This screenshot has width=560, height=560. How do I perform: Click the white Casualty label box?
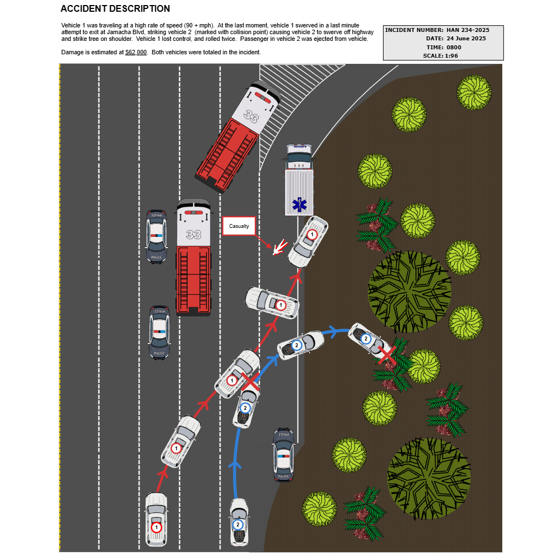tap(239, 226)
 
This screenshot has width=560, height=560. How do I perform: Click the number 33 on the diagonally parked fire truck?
tap(251, 116)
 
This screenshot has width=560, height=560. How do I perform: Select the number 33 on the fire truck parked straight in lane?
tap(193, 234)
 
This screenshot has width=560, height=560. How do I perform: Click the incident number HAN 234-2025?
tap(468, 30)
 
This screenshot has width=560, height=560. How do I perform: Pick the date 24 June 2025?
tap(466, 39)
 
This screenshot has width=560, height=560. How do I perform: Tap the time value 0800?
tap(454, 48)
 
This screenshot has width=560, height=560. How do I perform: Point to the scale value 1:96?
tap(451, 56)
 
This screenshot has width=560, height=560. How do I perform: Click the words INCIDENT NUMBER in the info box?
tap(414, 30)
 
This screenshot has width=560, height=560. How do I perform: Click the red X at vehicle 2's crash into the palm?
tap(387, 355)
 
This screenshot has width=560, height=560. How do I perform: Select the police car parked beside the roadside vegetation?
tap(284, 455)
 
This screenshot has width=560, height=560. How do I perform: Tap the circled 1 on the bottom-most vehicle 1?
tap(156, 528)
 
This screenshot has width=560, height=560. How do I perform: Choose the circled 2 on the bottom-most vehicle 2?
tap(238, 525)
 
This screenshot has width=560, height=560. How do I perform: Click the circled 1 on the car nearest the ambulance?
tap(312, 235)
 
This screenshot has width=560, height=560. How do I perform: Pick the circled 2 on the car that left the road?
tap(366, 339)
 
